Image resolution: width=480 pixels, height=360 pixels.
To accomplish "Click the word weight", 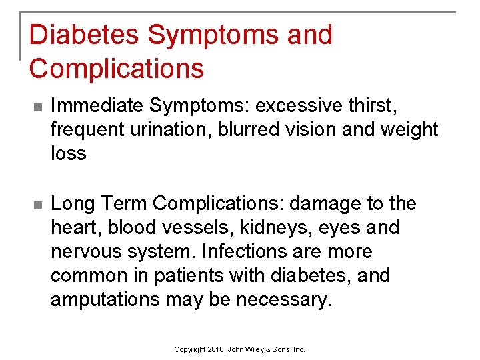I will tap(407, 129).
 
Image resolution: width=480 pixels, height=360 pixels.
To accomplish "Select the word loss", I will tap(69, 153).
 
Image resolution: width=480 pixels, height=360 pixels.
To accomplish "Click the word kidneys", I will tap(263, 228).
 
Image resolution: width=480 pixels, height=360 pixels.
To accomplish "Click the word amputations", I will tap(105, 300).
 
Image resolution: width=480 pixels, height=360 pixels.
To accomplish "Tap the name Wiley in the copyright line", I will tap(256, 349).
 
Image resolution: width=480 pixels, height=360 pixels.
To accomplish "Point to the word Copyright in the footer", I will tap(189, 349).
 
